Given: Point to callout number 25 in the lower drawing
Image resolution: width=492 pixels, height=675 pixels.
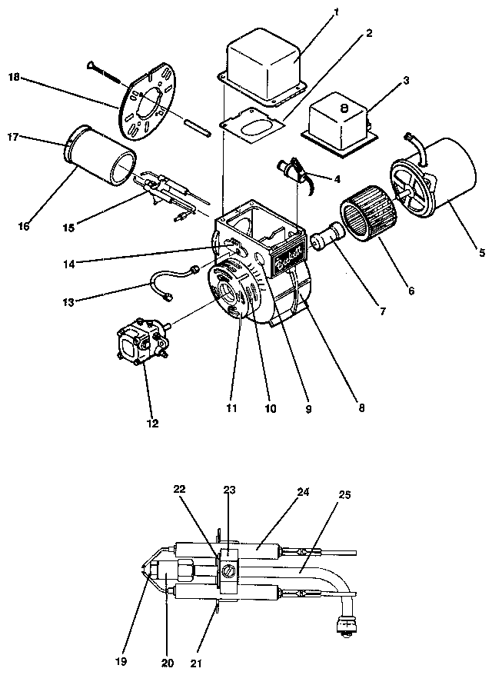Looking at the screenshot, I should pyautogui.click(x=344, y=494).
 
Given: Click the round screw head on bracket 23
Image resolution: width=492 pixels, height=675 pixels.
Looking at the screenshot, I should pyautogui.click(x=229, y=570).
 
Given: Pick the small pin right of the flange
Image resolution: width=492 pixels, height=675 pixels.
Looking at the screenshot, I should pyautogui.click(x=196, y=125).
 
